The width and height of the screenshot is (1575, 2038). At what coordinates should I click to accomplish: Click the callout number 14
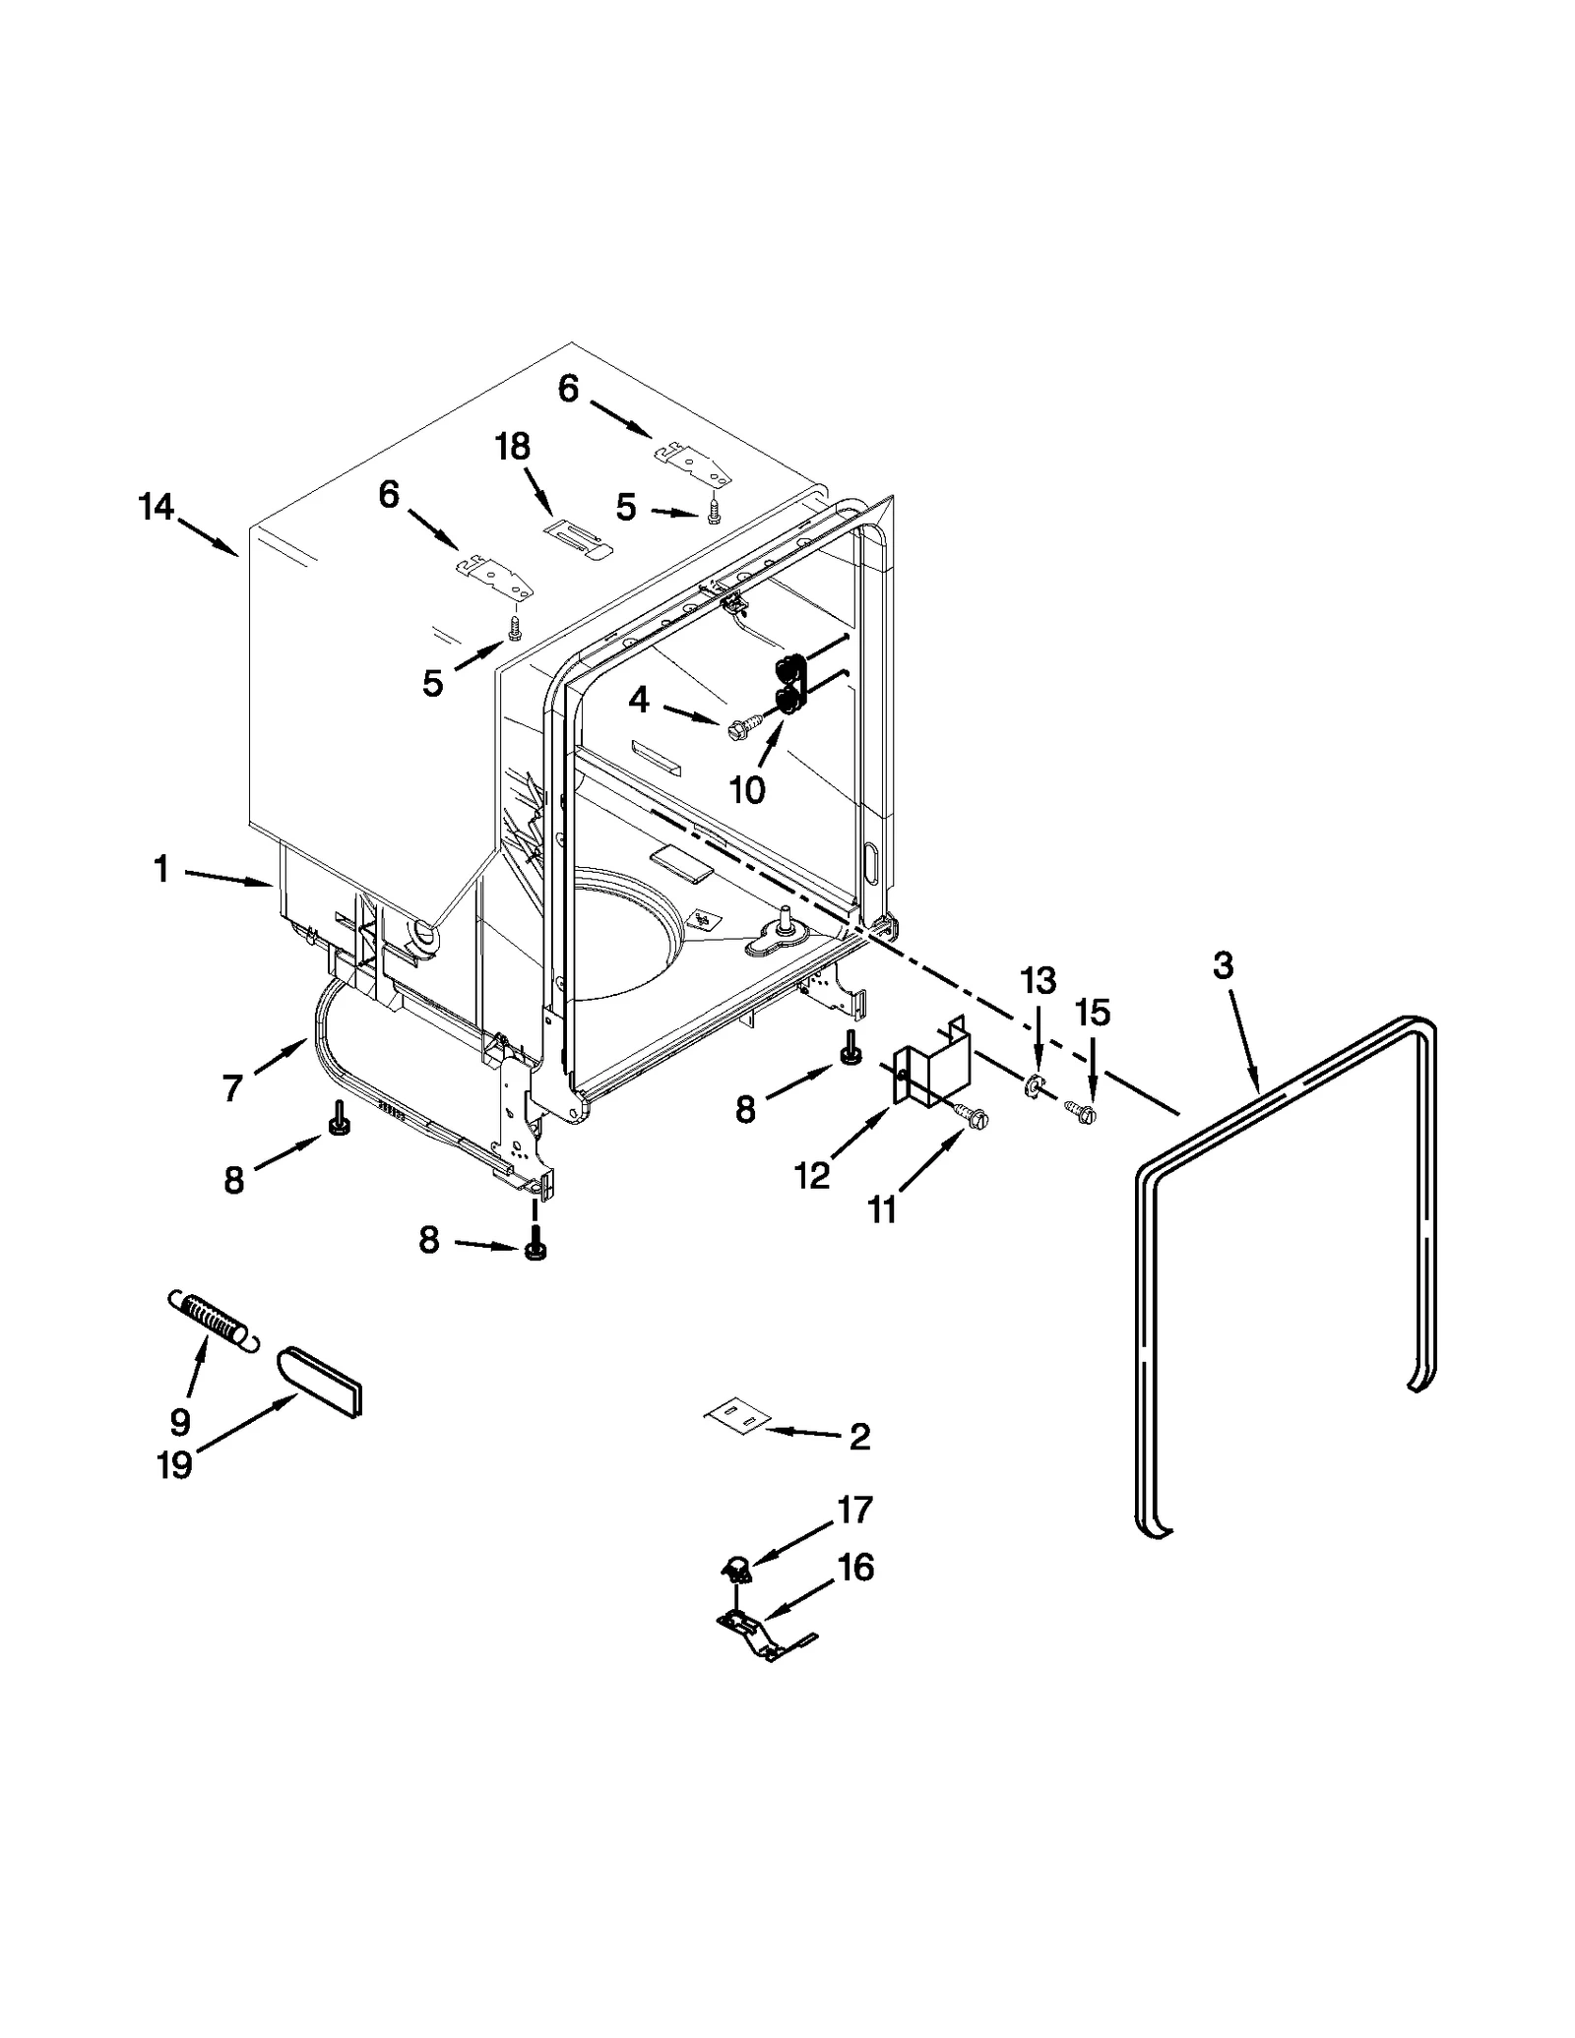157,508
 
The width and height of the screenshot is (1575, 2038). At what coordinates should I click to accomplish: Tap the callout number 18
512,447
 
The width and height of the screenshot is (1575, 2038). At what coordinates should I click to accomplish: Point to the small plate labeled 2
736,1418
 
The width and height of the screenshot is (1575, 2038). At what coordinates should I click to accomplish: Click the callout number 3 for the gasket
1222,966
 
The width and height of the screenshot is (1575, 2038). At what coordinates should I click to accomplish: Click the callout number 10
747,789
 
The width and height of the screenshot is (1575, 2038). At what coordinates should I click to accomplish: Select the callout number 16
854,1568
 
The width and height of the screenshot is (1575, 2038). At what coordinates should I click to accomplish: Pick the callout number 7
232,1088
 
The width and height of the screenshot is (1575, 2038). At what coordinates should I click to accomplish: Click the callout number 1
161,869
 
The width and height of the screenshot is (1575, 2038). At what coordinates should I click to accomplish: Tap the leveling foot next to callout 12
850,1053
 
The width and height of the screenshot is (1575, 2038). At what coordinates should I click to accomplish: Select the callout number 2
859,1437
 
